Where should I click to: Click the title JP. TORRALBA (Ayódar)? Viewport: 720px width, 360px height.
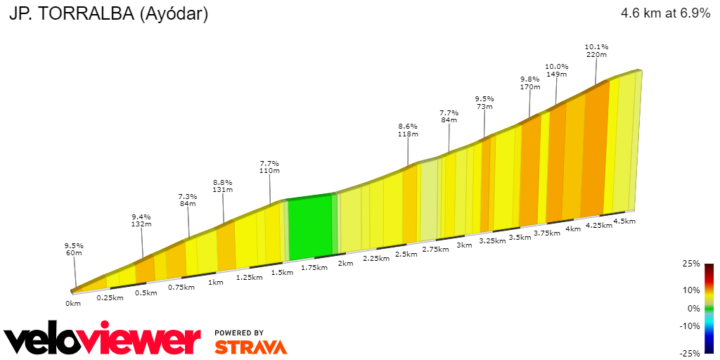click(108, 13)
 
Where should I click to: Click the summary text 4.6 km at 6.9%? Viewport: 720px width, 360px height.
click(665, 13)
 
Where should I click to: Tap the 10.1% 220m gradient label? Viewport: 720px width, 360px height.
click(596, 51)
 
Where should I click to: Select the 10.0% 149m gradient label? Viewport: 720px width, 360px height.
click(557, 70)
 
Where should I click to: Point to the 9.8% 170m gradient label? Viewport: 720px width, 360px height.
click(530, 83)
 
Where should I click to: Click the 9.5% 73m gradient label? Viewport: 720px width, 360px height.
click(484, 103)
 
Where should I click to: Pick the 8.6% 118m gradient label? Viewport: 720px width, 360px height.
click(408, 129)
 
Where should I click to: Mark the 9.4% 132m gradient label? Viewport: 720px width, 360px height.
click(142, 220)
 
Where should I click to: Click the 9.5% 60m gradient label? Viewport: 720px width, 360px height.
click(74, 250)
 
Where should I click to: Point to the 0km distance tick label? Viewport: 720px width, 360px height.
click(73, 303)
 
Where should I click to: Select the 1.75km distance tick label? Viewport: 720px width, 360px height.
click(314, 268)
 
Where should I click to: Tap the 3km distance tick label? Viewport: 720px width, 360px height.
click(464, 245)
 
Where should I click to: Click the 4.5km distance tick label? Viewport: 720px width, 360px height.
click(624, 221)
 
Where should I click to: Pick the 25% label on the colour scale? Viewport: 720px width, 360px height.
click(692, 264)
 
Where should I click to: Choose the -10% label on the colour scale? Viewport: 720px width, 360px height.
click(690, 326)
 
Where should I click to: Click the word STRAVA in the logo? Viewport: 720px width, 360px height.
click(250, 347)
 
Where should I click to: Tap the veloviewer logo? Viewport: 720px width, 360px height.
click(103, 340)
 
